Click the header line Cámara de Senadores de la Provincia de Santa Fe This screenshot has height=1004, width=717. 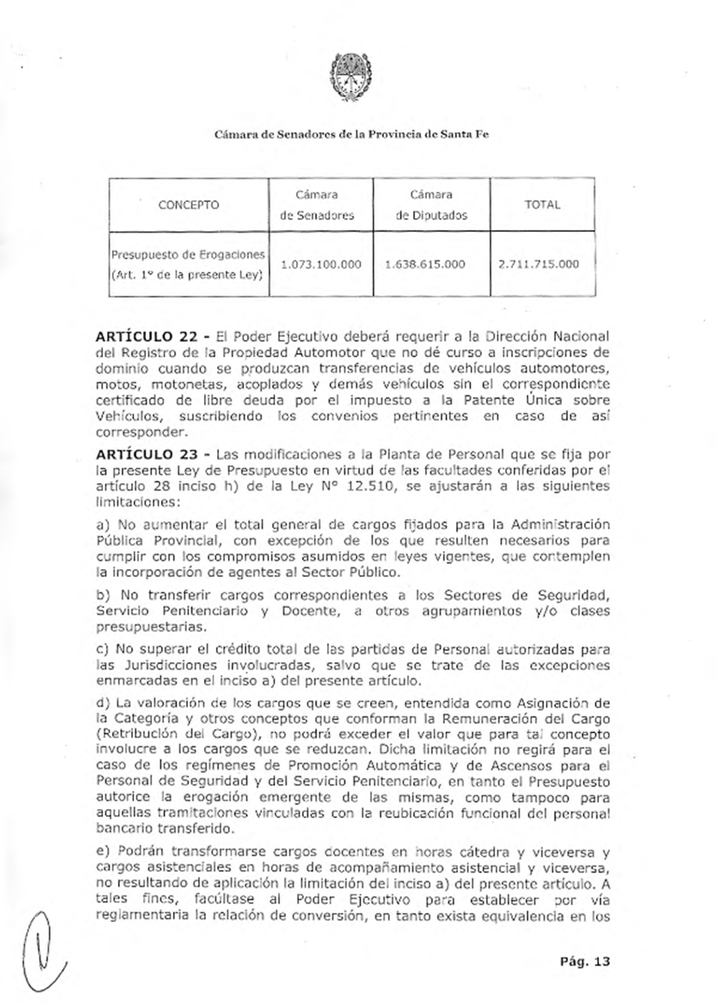(351, 135)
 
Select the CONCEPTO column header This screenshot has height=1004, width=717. (188, 205)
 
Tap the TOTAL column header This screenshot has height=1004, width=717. (542, 205)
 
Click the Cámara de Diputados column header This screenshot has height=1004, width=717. (432, 205)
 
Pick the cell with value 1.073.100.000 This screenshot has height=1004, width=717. (321, 265)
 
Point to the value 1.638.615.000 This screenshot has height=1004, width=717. (426, 265)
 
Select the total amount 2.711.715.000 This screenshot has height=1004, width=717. (538, 265)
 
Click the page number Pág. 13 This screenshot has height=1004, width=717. (585, 962)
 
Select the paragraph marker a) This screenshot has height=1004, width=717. (103, 525)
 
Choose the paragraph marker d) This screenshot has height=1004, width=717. (103, 702)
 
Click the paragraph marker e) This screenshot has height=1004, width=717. (103, 852)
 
